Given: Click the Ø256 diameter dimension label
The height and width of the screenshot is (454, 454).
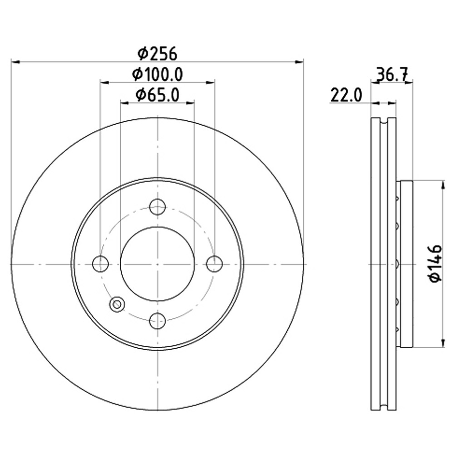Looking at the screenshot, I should (x=157, y=52).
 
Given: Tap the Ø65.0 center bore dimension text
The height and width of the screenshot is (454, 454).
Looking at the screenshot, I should (x=157, y=94).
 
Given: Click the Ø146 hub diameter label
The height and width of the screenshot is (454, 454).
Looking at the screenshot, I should (x=436, y=263).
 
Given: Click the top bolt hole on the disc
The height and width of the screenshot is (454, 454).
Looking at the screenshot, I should (x=157, y=207).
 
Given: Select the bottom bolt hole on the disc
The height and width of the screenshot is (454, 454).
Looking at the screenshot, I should (x=157, y=320).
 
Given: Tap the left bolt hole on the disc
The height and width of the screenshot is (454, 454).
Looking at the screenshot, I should (x=101, y=263).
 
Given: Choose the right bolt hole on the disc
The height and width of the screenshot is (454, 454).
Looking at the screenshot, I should (x=214, y=263).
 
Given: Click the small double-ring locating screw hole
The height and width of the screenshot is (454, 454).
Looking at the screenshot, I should (x=117, y=304).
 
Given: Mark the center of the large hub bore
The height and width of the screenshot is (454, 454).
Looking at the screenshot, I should (x=157, y=263).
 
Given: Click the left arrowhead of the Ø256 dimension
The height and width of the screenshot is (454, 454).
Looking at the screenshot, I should (x=14, y=61).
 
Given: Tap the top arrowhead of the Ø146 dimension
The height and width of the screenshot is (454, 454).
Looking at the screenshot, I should (x=443, y=185).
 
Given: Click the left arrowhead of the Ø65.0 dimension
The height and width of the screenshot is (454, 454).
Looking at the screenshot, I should (x=124, y=102).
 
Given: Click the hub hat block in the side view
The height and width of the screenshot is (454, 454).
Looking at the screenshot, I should (x=405, y=263).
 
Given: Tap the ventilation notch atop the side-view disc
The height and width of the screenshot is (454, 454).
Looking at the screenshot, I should (x=384, y=121).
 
